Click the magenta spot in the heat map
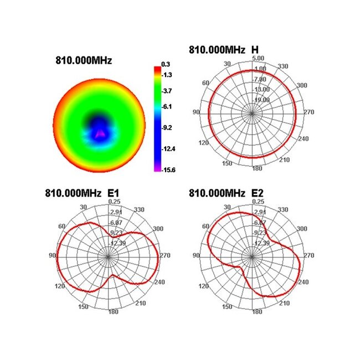click(x=100, y=133)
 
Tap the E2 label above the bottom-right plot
click(x=257, y=193)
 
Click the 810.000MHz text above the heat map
click(x=84, y=60)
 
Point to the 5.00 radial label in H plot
click(x=257, y=58)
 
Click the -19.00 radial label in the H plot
click(x=261, y=100)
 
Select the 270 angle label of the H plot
click(x=309, y=112)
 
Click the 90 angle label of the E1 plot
click(x=53, y=255)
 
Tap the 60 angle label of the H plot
click(x=206, y=83)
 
